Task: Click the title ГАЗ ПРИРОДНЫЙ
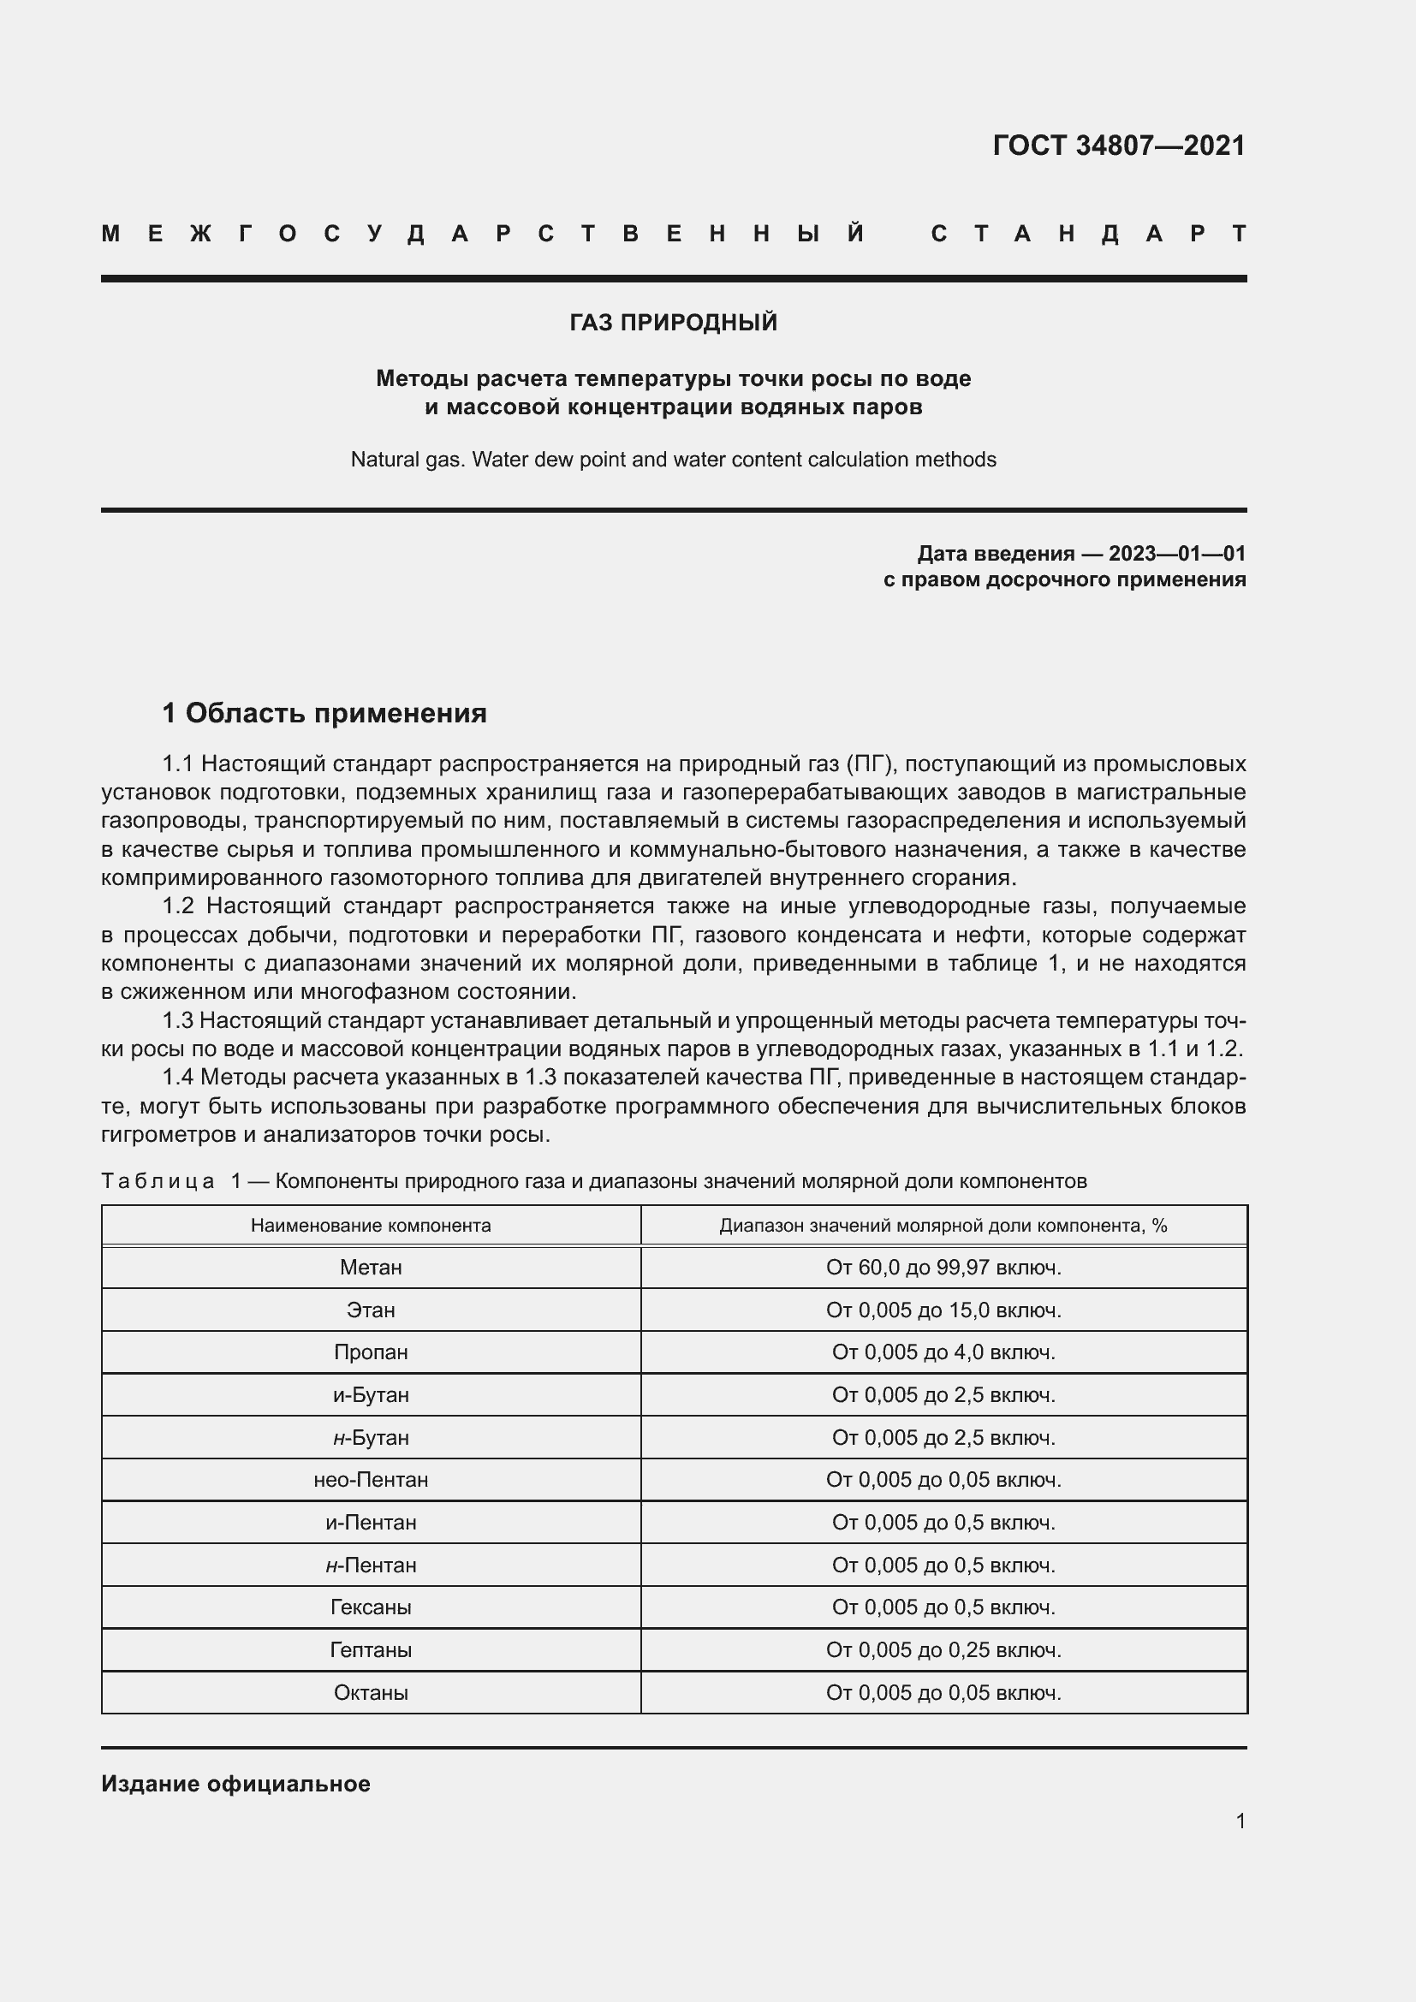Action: (x=673, y=323)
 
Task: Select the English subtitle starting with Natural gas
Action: (x=673, y=460)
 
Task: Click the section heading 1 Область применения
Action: (x=324, y=713)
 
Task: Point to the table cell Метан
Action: (x=371, y=1267)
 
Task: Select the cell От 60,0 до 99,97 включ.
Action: (x=943, y=1267)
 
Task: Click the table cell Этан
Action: (x=371, y=1310)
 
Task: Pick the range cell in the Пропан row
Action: (x=943, y=1352)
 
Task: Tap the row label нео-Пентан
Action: (x=371, y=1480)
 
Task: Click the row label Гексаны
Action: (x=371, y=1607)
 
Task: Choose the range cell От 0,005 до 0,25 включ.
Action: (x=943, y=1649)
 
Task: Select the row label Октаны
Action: (x=371, y=1692)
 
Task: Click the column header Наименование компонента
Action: (x=371, y=1225)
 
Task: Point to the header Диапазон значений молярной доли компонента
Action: (x=943, y=1225)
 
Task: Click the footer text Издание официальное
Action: (x=235, y=1784)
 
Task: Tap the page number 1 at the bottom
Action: (x=1240, y=1821)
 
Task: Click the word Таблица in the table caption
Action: (x=158, y=1181)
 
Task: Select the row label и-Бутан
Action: (x=371, y=1395)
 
